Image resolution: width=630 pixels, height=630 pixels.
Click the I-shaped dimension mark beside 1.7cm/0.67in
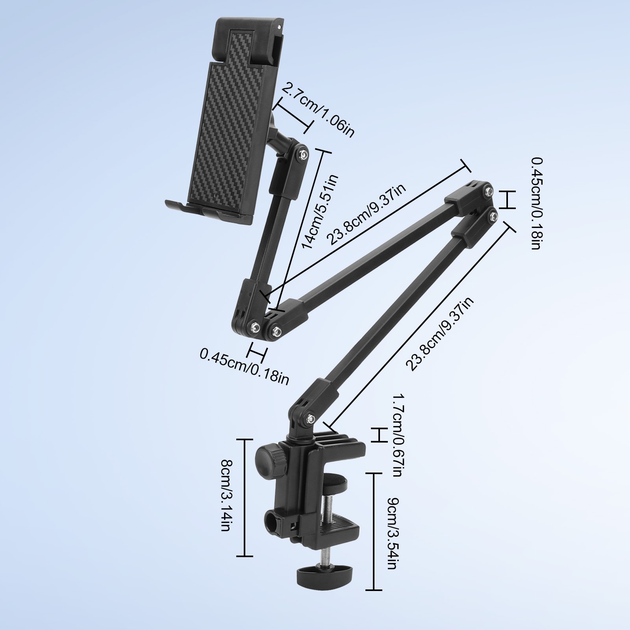click(x=378, y=434)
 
